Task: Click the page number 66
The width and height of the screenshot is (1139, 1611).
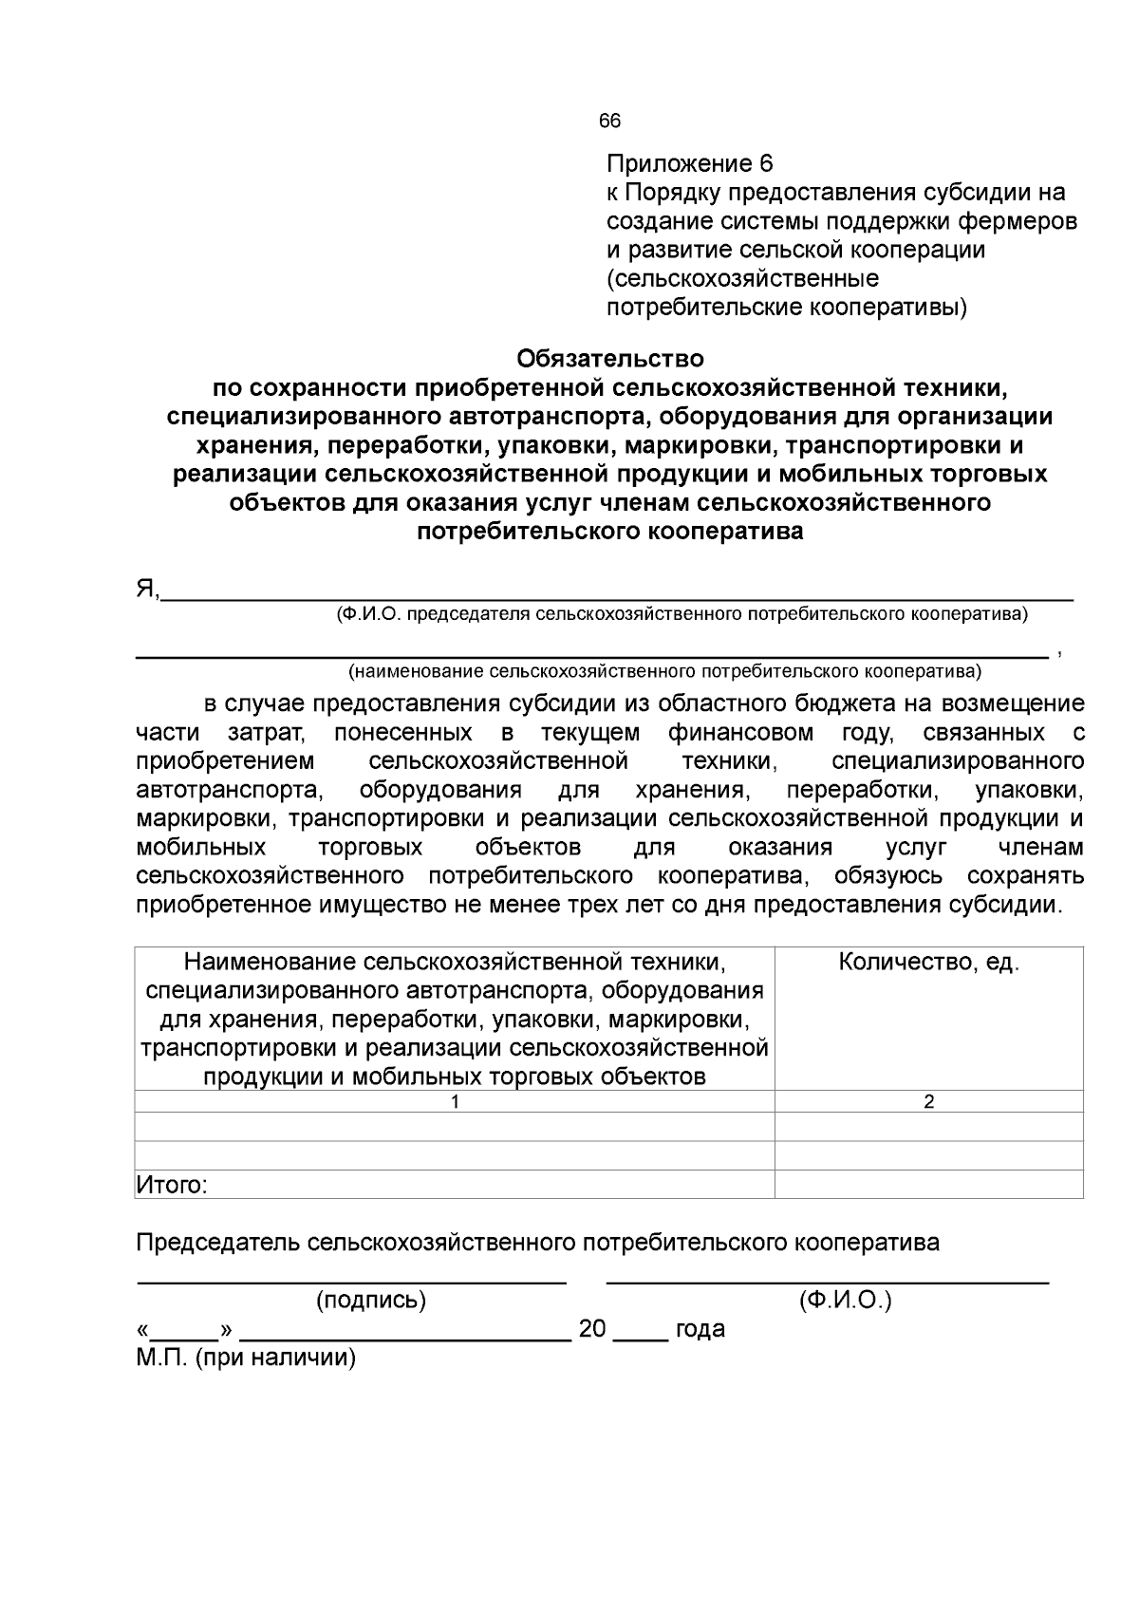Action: [x=609, y=121]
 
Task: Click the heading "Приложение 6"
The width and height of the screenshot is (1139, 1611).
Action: [x=690, y=162]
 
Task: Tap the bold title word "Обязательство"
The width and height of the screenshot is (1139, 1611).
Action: [x=609, y=359]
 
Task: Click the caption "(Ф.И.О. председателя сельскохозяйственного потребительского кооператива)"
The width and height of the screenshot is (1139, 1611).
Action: [x=682, y=614]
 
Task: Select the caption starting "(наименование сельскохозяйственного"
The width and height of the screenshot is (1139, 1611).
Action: [x=664, y=672]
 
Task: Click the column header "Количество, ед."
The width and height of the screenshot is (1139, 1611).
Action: [x=928, y=962]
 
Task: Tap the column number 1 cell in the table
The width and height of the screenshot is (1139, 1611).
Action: [x=455, y=1101]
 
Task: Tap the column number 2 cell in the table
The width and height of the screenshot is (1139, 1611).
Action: [x=928, y=1101]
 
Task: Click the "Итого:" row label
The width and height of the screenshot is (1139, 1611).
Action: [x=172, y=1185]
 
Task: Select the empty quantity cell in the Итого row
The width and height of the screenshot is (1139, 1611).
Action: [x=928, y=1185]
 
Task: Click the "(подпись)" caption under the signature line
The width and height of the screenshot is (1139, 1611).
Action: [x=370, y=1300]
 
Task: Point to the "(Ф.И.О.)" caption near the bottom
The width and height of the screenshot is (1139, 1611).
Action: [x=845, y=1300]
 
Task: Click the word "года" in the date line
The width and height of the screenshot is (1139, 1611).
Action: [x=700, y=1328]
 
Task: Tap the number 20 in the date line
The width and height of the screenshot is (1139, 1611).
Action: [x=592, y=1328]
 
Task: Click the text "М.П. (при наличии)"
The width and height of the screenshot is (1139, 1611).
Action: [x=246, y=1358]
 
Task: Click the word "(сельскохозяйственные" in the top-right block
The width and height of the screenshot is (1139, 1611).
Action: [x=742, y=278]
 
